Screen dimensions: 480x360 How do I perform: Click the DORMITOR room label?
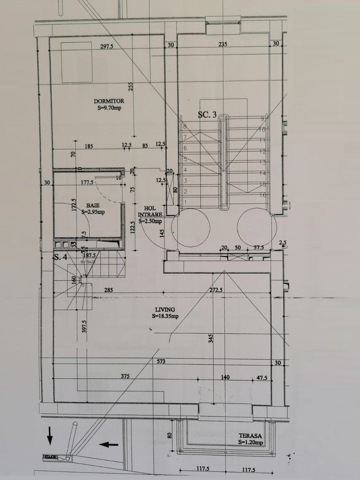[108, 101]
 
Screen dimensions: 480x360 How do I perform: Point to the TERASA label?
[250, 436]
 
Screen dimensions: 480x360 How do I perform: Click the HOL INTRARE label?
[150, 211]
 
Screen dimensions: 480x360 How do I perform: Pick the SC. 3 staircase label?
[207, 115]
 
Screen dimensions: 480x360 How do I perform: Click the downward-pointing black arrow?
[50, 435]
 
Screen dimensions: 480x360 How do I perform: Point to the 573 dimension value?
[161, 362]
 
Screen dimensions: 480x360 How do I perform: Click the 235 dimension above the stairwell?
[223, 44]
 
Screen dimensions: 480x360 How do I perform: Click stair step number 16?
[262, 195]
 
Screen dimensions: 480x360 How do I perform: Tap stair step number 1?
[184, 202]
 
